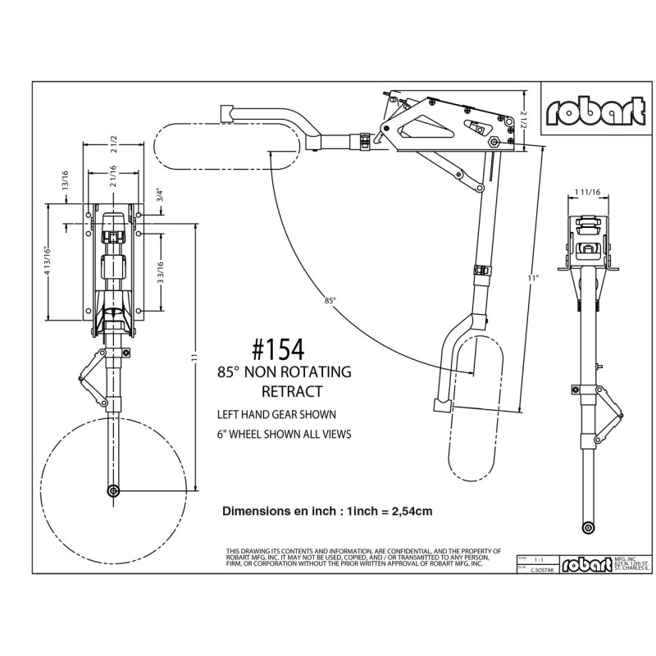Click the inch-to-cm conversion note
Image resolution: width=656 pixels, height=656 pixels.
click(x=327, y=510)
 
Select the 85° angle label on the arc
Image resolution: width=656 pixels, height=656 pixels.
click(x=330, y=301)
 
